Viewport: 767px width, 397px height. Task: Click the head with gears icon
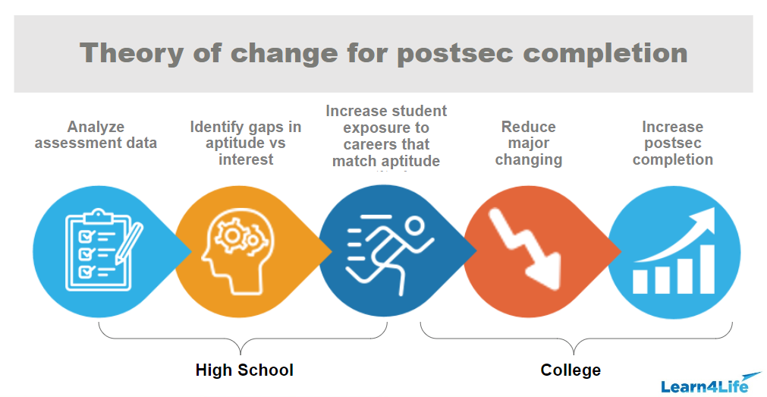[236, 247]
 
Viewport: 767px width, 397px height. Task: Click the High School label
[244, 370]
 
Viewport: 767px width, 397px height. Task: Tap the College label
[571, 370]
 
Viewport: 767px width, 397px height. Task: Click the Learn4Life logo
[709, 383]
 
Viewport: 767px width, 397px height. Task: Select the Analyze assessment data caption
[96, 134]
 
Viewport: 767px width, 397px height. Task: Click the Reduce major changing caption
[529, 143]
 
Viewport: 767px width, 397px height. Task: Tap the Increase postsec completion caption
[673, 143]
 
